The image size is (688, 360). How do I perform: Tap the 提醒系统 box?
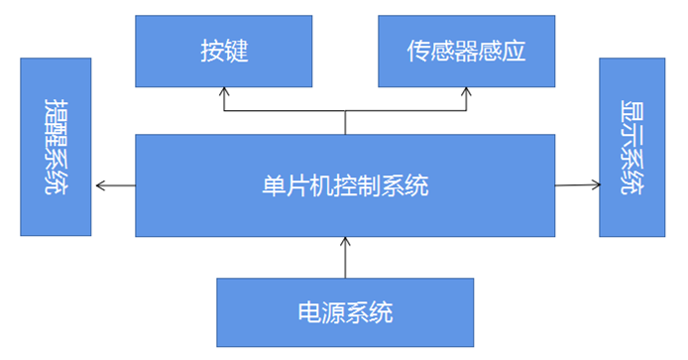tap(56, 146)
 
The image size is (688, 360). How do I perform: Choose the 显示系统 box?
tap(631, 146)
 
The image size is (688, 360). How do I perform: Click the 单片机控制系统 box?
tap(345, 185)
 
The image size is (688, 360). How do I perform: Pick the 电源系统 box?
tap(345, 311)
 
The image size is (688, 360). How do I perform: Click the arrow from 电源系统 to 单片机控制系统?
tap(345, 257)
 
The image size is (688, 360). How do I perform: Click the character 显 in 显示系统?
tap(631, 111)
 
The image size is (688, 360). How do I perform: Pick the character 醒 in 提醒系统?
tap(56, 134)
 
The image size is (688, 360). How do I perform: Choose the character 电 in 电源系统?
tap(309, 311)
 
